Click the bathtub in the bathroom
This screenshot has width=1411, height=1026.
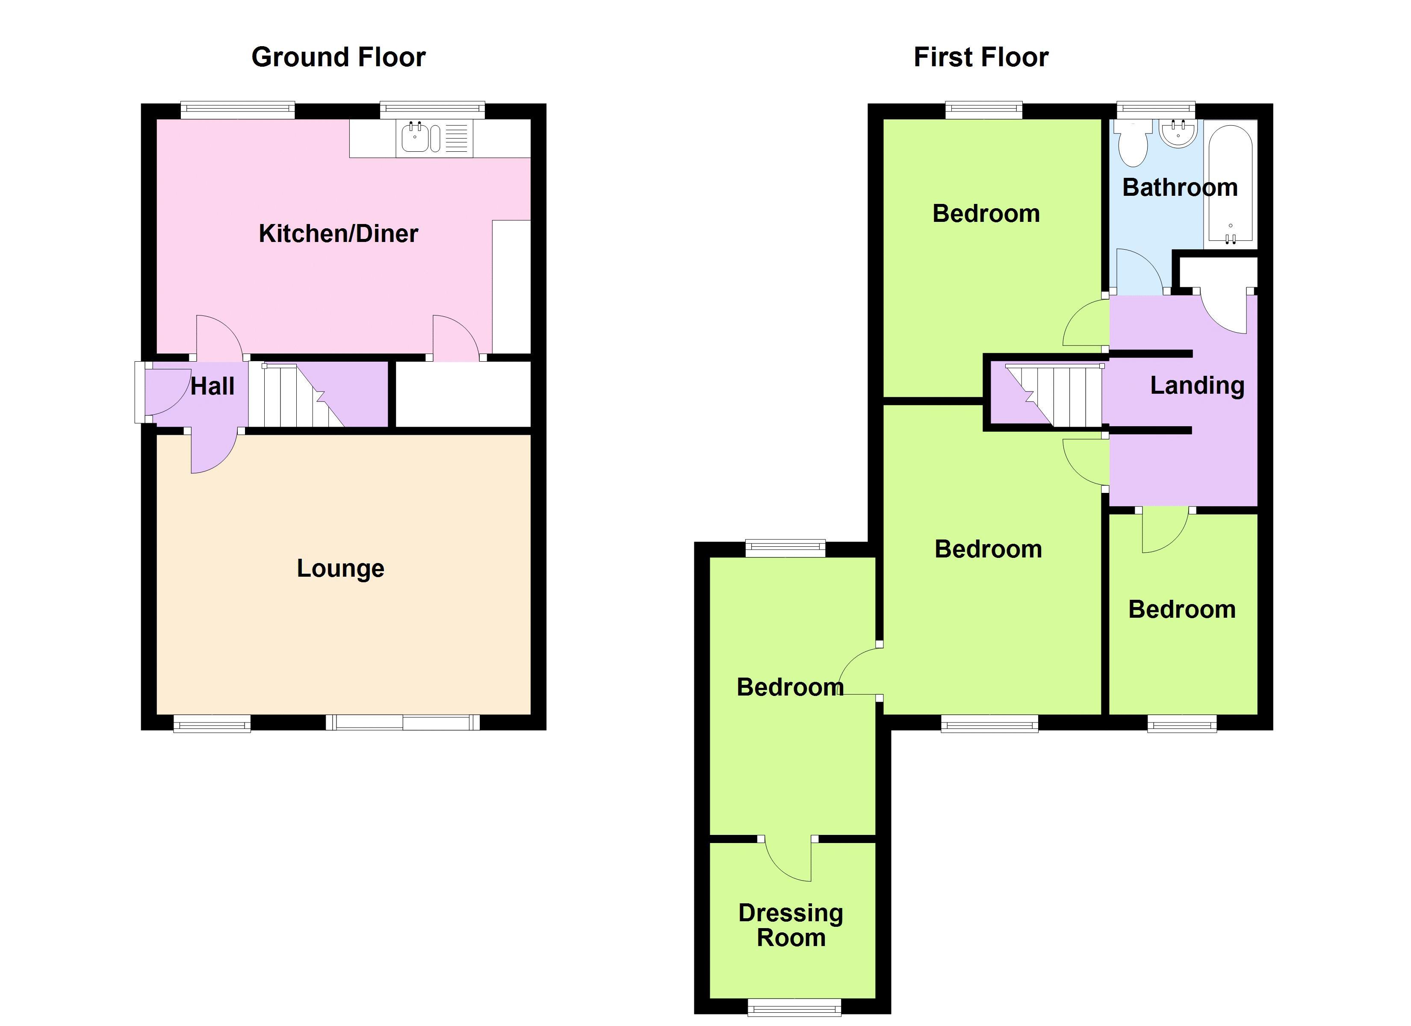(x=1230, y=184)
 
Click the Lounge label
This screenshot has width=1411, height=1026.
(x=340, y=568)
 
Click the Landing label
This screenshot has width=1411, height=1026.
(x=1196, y=385)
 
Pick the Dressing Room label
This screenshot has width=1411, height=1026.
(x=791, y=925)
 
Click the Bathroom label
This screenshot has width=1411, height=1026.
(x=1180, y=187)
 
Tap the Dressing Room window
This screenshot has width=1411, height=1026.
(x=794, y=1007)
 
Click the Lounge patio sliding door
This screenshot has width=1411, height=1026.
(x=402, y=722)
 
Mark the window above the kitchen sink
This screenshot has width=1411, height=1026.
(x=432, y=110)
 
